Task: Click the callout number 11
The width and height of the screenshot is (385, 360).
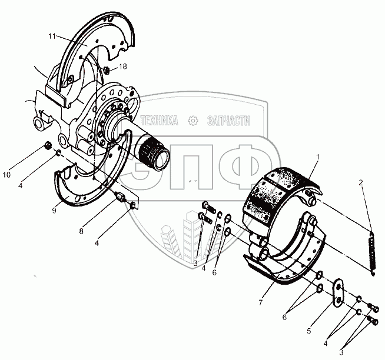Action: coord(52,36)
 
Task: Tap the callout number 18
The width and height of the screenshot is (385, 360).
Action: coord(123,68)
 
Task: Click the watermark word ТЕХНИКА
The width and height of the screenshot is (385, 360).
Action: coord(159,120)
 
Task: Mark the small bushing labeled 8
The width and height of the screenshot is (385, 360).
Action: coord(121,198)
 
